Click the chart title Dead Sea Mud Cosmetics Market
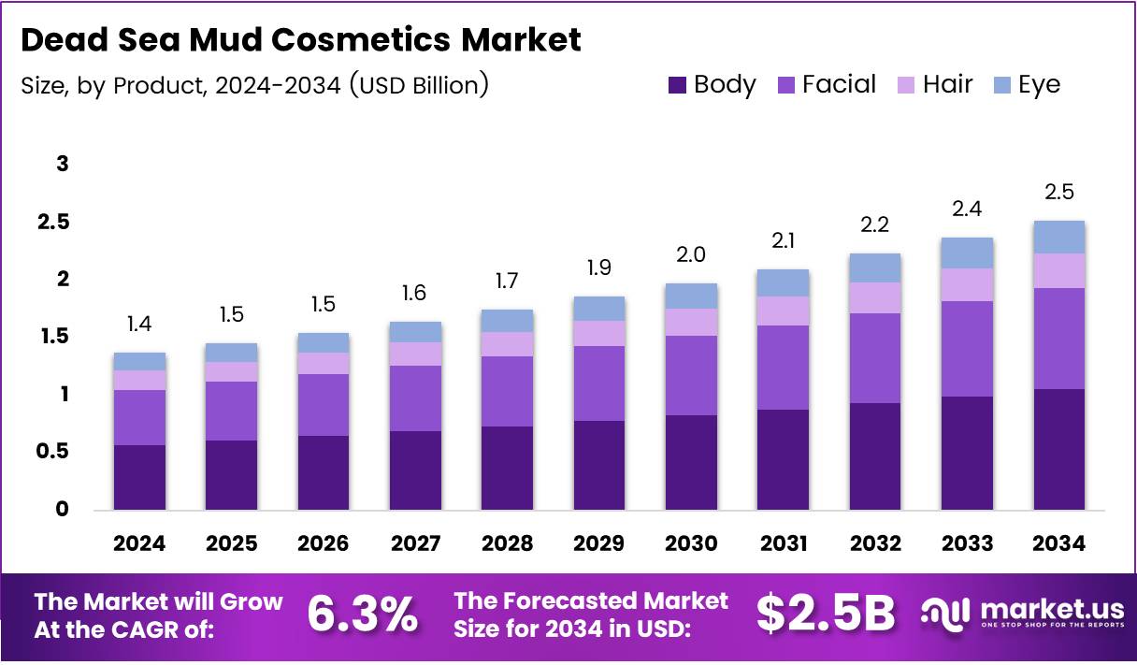(300, 40)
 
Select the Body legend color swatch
(677, 85)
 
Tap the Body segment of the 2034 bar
(1058, 449)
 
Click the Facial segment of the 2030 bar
(691, 375)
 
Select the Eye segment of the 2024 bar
(139, 361)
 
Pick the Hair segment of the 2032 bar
(875, 297)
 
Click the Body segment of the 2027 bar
(415, 470)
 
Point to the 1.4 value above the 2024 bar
(139, 324)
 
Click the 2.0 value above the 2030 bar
(691, 254)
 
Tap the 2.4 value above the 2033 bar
(967, 209)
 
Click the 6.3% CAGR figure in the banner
(363, 614)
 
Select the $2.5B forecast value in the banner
(825, 614)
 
